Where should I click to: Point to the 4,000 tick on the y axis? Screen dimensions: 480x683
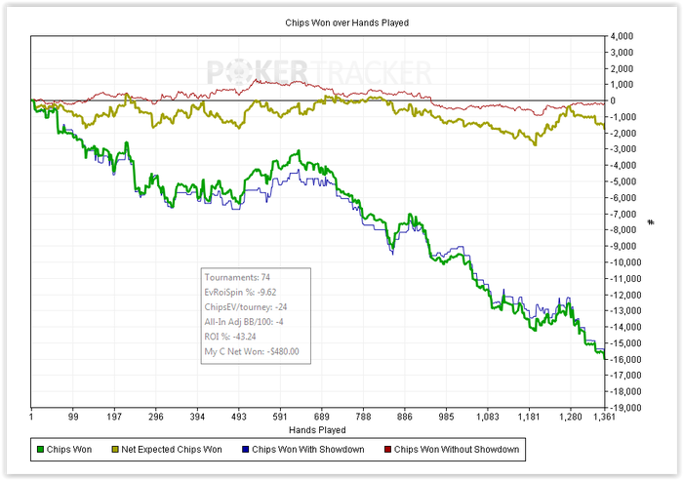(x=621, y=36)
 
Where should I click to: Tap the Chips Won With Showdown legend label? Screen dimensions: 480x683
(x=303, y=450)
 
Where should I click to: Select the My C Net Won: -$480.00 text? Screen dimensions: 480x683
(x=252, y=351)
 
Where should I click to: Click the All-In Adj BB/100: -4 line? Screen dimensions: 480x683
(x=244, y=322)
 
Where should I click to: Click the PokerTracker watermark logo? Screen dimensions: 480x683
(x=318, y=72)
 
